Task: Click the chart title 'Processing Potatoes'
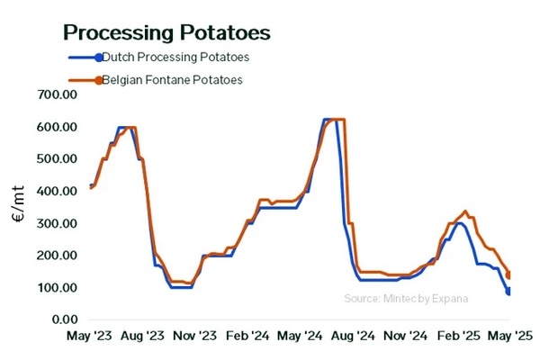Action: pos(166,32)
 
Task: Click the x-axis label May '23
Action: pos(89,337)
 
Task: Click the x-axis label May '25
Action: pos(511,337)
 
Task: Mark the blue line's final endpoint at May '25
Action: pos(509,293)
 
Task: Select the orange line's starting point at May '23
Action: pos(90,187)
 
